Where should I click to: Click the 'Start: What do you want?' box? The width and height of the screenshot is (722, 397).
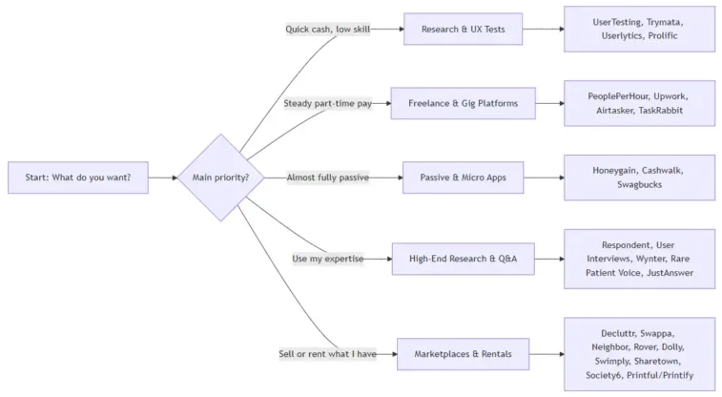(x=78, y=178)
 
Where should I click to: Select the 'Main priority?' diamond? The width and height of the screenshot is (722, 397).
(x=221, y=178)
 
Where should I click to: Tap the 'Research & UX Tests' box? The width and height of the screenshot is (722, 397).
(x=464, y=29)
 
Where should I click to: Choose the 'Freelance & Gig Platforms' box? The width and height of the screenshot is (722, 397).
(x=464, y=103)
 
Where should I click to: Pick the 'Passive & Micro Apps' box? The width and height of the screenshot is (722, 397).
(x=464, y=178)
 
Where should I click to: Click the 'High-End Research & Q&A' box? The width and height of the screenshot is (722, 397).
(x=464, y=259)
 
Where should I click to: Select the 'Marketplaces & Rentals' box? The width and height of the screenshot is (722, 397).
(x=464, y=354)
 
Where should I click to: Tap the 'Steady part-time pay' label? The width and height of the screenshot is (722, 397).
(x=327, y=103)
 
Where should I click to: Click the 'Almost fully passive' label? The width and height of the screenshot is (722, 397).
(x=328, y=178)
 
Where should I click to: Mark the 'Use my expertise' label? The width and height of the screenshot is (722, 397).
(x=328, y=259)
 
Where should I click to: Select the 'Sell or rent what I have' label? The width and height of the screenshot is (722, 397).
(x=327, y=354)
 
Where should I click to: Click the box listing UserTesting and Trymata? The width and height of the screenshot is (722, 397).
(x=639, y=29)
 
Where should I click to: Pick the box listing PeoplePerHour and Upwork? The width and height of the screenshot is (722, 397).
(x=639, y=103)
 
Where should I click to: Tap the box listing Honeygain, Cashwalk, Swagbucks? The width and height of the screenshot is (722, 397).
(x=639, y=178)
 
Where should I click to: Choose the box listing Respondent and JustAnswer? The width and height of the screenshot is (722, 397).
(x=639, y=259)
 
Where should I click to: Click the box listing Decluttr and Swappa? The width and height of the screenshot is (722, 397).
(x=639, y=354)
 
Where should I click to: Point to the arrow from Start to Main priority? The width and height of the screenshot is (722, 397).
(x=163, y=178)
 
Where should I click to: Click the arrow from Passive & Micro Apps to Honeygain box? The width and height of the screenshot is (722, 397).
(x=544, y=178)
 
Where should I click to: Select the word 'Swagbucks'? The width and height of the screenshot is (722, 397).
(x=639, y=185)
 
